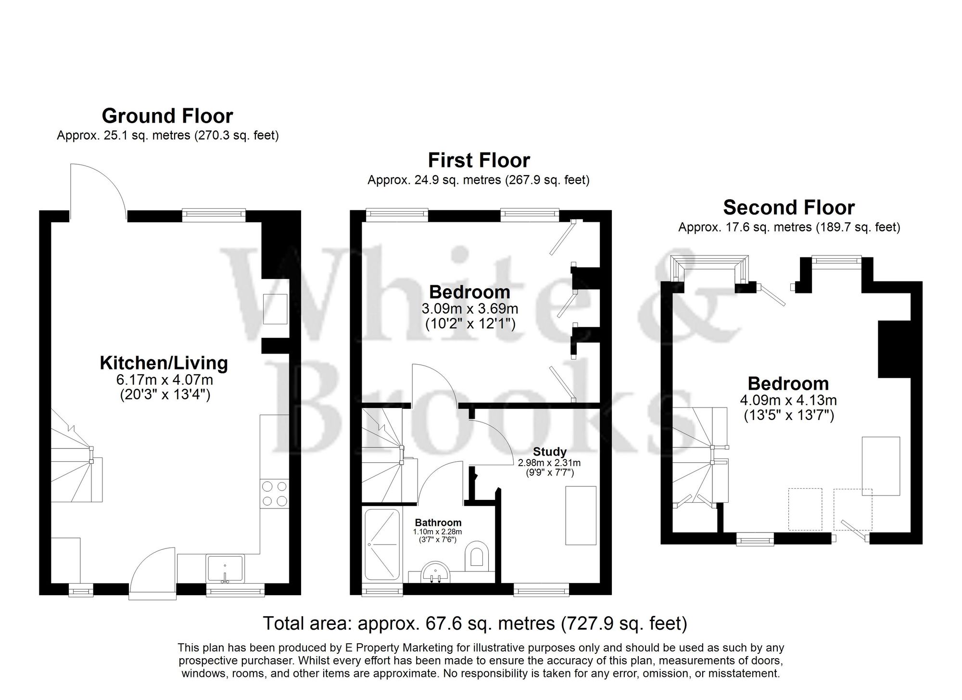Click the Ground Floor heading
pyautogui.click(x=167, y=116)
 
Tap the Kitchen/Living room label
pyautogui.click(x=164, y=363)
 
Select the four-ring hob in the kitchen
pyautogui.click(x=275, y=494)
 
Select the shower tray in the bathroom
pyautogui.click(x=382, y=544)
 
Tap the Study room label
pyautogui.click(x=549, y=452)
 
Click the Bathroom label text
pyautogui.click(x=438, y=522)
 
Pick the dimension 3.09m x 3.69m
pyautogui.click(x=470, y=308)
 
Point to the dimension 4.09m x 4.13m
pyautogui.click(x=788, y=400)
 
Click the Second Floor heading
pyautogui.click(x=789, y=208)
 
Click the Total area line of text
pyautogui.click(x=475, y=624)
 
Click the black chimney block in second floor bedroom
pyautogui.click(x=894, y=349)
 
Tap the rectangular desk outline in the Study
pyautogui.click(x=581, y=515)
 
